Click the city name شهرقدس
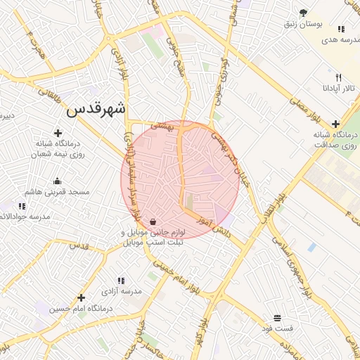[x=97, y=110]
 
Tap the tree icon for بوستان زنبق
[x=303, y=13]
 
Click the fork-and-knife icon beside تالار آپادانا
[x=338, y=77]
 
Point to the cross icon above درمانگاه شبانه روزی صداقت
[x=336, y=124]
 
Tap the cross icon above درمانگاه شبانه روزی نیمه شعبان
[x=58, y=132]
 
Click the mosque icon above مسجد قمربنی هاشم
[x=57, y=181]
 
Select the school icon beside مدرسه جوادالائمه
[x=22, y=206]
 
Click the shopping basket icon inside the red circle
[x=153, y=221]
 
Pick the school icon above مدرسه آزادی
[x=120, y=281]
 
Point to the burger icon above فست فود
[x=278, y=318]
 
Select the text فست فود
[x=278, y=328]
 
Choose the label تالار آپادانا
[x=330, y=89]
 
